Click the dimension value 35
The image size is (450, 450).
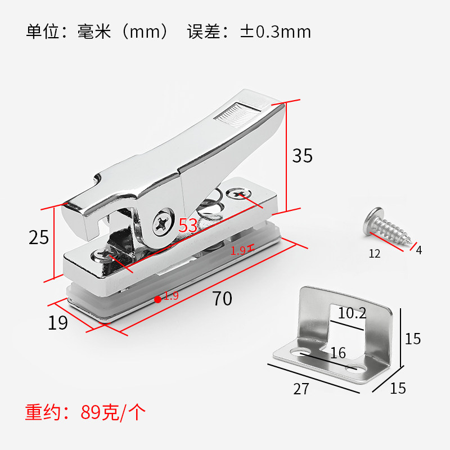pyautogui.click(x=302, y=155)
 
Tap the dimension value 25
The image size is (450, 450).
pyautogui.click(x=39, y=237)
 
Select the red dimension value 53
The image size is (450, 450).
pyautogui.click(x=188, y=226)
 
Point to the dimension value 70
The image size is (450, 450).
pyautogui.click(x=222, y=299)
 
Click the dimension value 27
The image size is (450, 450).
pyautogui.click(x=301, y=389)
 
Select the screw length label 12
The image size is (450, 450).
pyautogui.click(x=374, y=254)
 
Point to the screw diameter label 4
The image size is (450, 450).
pyautogui.click(x=418, y=250)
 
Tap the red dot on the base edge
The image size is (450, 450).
pyautogui.click(x=157, y=299)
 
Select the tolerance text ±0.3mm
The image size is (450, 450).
pyautogui.click(x=275, y=31)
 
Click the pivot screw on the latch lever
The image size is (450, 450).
pyautogui.click(x=163, y=223)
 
